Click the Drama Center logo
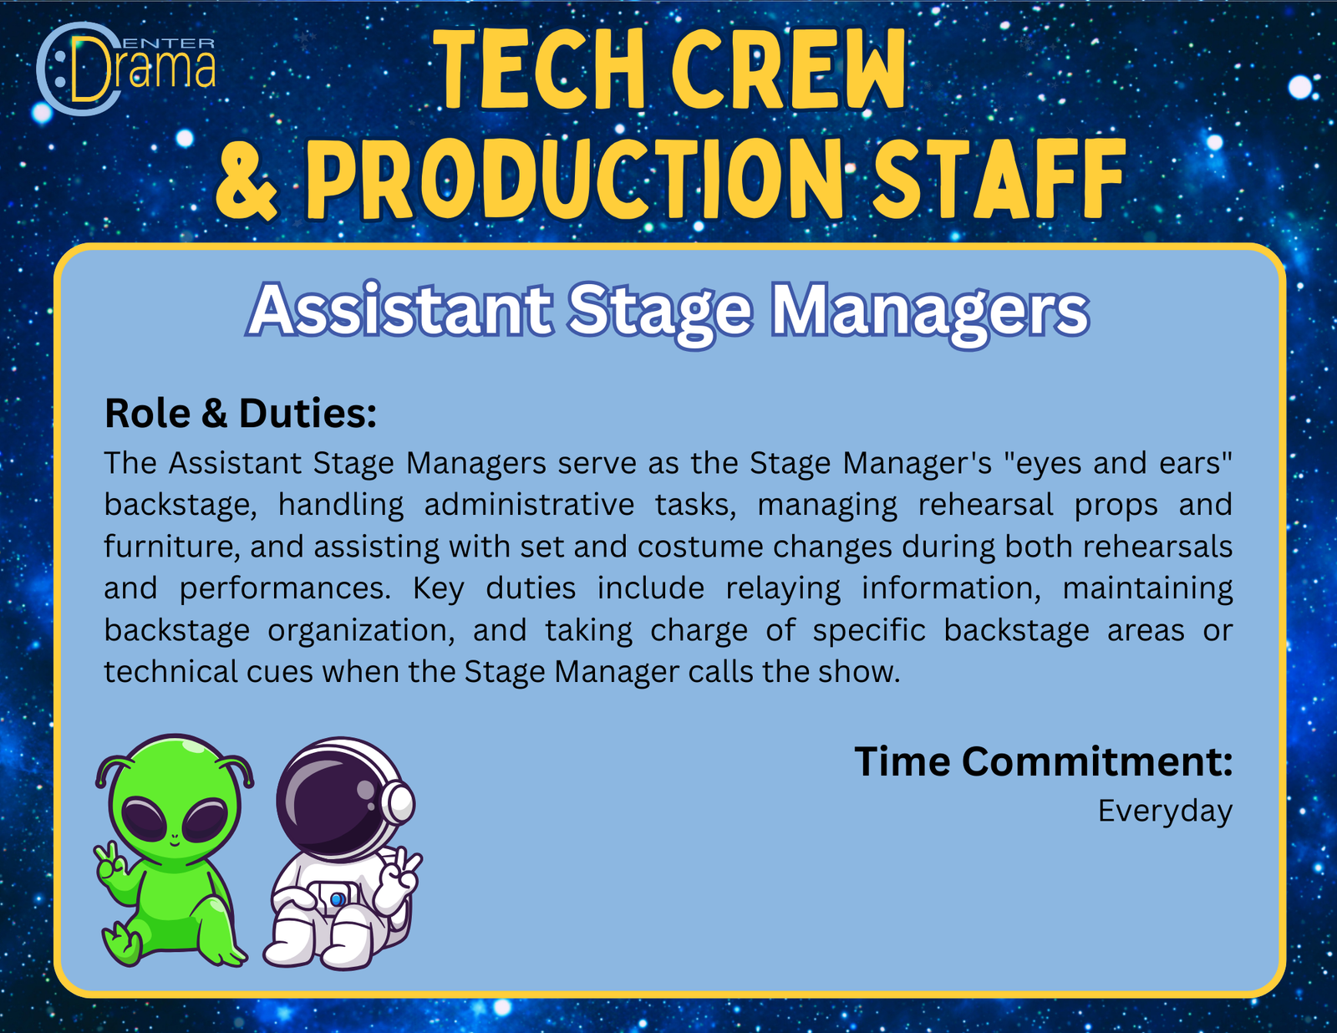click(126, 69)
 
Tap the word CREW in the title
click(789, 74)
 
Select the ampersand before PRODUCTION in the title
click(247, 179)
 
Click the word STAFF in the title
click(1001, 179)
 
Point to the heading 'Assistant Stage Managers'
click(668, 313)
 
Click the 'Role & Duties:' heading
click(241, 413)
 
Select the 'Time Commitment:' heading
click(1044, 761)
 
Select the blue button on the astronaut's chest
click(337, 899)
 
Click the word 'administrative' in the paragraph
click(529, 505)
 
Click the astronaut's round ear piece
click(399, 802)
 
